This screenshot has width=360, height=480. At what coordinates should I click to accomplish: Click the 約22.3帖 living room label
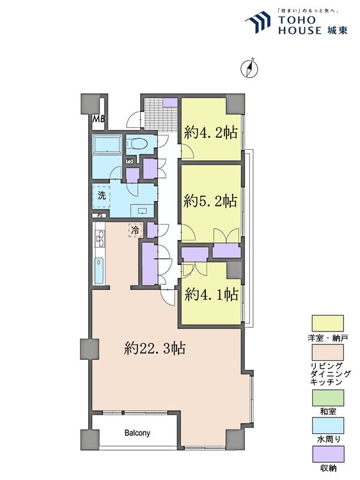click(155, 348)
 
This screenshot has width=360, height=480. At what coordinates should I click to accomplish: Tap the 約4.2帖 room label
click(211, 133)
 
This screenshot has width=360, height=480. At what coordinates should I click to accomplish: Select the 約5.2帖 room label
click(210, 201)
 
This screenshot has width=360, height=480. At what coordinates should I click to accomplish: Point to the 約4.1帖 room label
click(212, 295)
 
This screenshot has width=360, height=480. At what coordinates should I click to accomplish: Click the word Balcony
click(137, 433)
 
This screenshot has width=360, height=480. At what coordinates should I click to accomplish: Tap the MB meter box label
click(98, 118)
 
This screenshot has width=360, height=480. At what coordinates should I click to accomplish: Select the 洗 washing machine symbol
click(101, 195)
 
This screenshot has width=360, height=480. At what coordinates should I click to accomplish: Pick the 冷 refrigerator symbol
click(135, 230)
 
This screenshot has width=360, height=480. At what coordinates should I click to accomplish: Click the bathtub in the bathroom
click(107, 143)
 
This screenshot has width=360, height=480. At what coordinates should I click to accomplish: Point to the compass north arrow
click(249, 68)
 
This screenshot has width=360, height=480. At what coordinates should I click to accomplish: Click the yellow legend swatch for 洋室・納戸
click(327, 323)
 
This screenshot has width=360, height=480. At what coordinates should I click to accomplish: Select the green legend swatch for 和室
click(327, 397)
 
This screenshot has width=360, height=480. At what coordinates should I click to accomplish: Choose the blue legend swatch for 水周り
click(327, 426)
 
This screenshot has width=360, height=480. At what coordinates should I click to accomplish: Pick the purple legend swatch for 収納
click(327, 454)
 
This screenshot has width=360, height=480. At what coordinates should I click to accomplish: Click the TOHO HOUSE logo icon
click(258, 22)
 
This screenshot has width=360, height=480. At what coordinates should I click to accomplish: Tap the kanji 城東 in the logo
click(337, 30)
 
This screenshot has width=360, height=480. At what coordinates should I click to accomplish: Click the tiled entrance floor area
click(161, 114)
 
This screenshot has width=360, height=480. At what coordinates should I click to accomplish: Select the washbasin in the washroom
click(142, 211)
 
